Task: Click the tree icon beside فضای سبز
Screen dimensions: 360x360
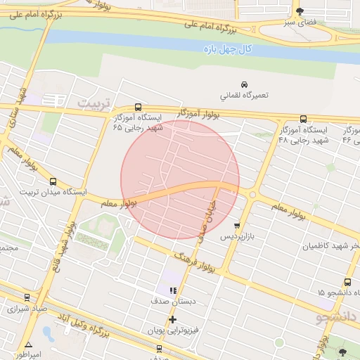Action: point(301,11)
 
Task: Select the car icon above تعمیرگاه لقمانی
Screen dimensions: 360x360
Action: point(244,83)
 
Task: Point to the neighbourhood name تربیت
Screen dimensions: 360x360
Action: point(94,103)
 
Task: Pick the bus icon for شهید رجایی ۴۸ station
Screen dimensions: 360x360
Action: point(303,119)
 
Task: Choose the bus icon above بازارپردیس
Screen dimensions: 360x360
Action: point(237,226)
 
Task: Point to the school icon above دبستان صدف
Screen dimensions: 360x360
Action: point(173,290)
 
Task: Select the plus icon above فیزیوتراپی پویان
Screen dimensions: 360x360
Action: point(173,319)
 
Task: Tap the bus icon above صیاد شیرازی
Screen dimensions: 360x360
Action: point(27,297)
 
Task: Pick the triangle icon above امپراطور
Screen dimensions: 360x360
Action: point(29,345)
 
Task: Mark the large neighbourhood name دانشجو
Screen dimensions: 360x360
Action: point(337,318)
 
